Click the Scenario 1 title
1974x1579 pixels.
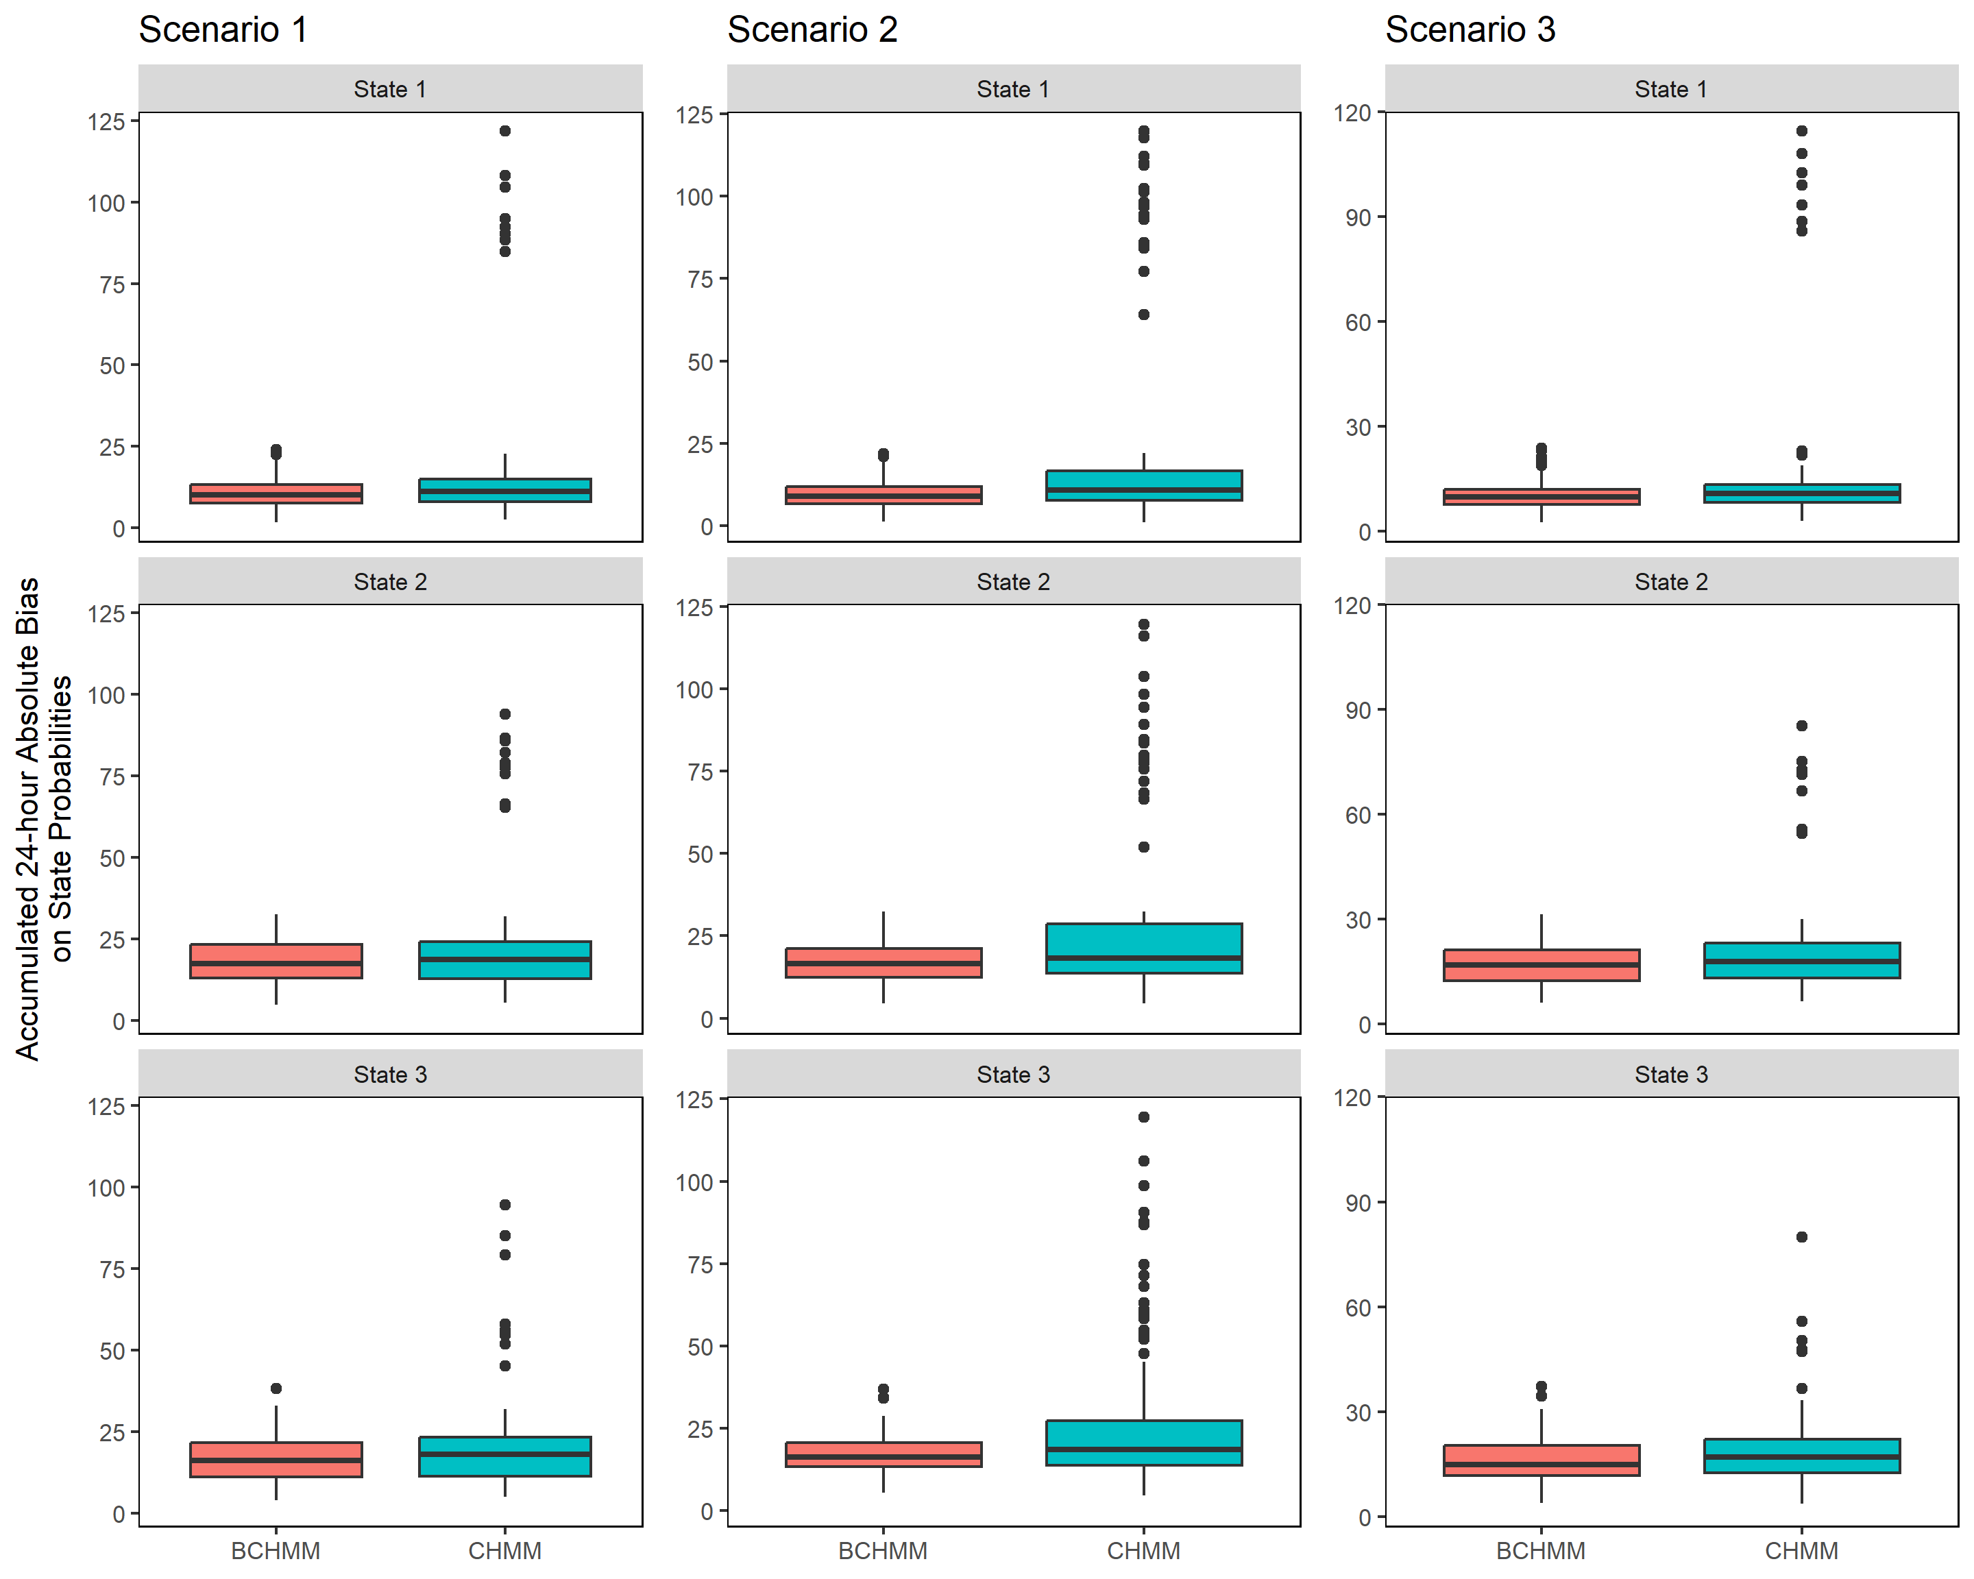pyautogui.click(x=223, y=30)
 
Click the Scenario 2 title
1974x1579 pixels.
pyautogui.click(x=812, y=30)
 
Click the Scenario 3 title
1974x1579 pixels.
pyautogui.click(x=1470, y=30)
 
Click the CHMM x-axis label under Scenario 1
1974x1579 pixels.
pyautogui.click(x=504, y=1551)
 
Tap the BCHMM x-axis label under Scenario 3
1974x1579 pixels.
pyautogui.click(x=1540, y=1551)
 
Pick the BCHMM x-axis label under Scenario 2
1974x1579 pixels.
pyautogui.click(x=883, y=1551)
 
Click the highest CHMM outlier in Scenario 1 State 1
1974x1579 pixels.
pyautogui.click(x=504, y=131)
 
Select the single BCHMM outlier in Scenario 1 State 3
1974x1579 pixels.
pyautogui.click(x=276, y=1388)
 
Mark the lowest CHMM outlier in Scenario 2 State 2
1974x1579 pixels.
pyautogui.click(x=1143, y=846)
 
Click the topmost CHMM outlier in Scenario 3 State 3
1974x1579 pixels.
pyautogui.click(x=1801, y=1236)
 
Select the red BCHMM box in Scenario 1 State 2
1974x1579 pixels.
pyautogui.click(x=276, y=961)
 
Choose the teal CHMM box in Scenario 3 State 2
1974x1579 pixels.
pyautogui.click(x=1801, y=960)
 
